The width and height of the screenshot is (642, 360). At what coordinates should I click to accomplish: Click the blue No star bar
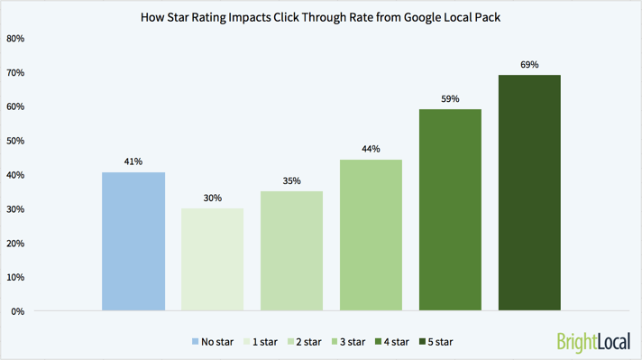(x=133, y=242)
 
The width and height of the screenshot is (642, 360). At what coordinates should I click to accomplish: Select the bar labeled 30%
(x=213, y=260)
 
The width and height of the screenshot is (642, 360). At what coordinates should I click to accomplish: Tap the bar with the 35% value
(x=291, y=252)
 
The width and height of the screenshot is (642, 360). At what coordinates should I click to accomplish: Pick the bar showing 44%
(x=371, y=235)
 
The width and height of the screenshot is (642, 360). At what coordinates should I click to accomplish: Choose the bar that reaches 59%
(x=450, y=210)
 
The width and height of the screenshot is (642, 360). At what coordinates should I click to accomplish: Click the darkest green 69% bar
(x=529, y=193)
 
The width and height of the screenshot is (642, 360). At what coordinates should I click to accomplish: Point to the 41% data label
(x=133, y=162)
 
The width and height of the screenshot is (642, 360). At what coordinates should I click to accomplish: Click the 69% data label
(x=529, y=64)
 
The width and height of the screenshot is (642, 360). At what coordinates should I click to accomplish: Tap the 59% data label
(x=450, y=98)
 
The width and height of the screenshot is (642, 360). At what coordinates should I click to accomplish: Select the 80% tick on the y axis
(x=15, y=39)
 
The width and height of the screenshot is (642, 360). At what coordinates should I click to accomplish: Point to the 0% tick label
(x=18, y=312)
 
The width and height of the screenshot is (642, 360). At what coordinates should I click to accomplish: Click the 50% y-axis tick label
(x=15, y=142)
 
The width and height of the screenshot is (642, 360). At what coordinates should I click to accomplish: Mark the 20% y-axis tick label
(x=15, y=244)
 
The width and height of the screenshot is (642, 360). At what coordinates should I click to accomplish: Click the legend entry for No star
(x=212, y=342)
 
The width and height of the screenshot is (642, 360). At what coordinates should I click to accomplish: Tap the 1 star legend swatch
(x=246, y=342)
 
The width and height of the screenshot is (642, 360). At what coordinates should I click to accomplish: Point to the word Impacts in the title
(x=248, y=16)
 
